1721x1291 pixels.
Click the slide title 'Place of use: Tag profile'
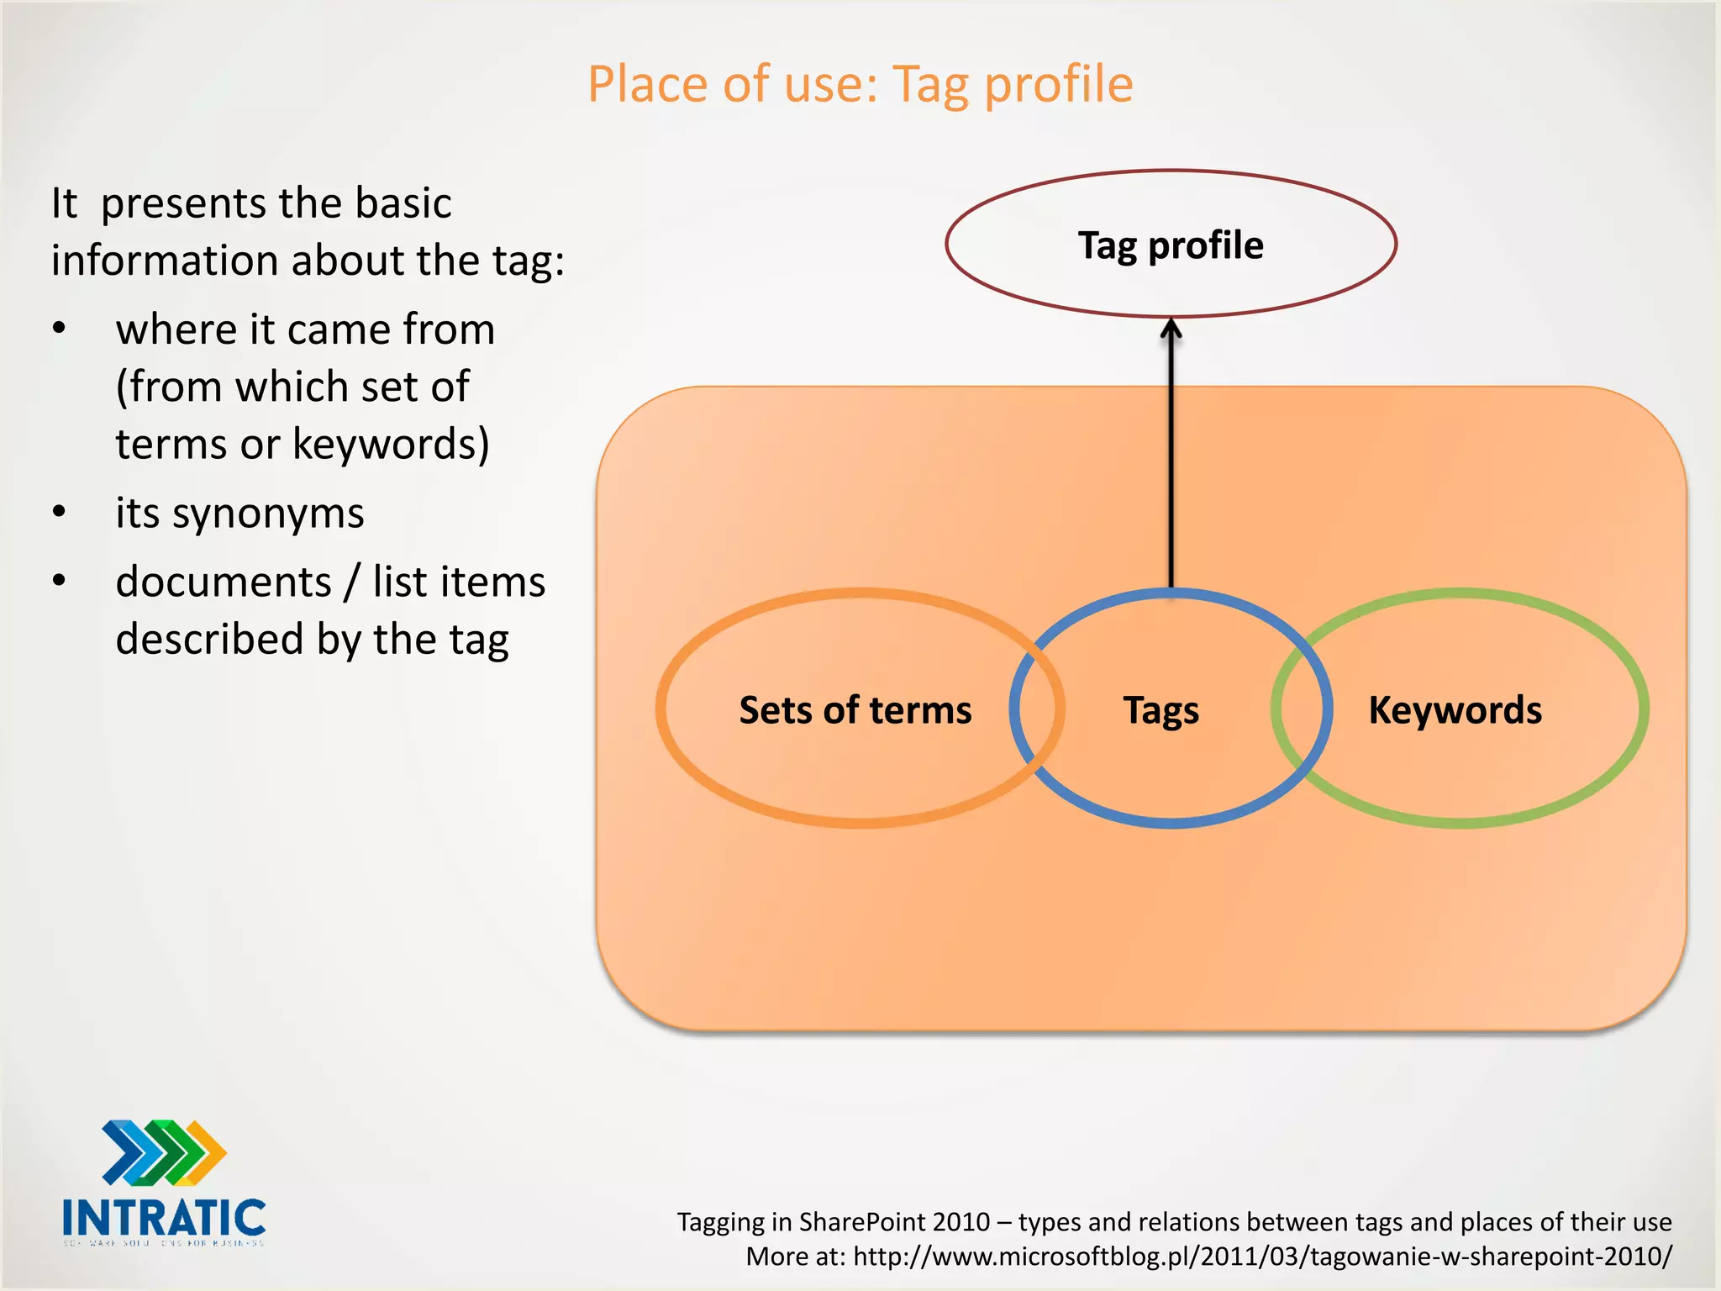pyautogui.click(x=860, y=85)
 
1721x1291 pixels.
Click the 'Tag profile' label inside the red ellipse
pyautogui.click(x=1171, y=245)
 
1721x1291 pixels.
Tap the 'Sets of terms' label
pyautogui.click(x=855, y=710)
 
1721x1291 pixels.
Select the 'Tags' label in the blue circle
pyautogui.click(x=1161, y=711)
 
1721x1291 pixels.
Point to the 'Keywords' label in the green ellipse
pyautogui.click(x=1455, y=710)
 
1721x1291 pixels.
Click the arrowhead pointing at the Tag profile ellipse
pyautogui.click(x=1171, y=329)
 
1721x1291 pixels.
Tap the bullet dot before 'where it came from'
pyautogui.click(x=59, y=329)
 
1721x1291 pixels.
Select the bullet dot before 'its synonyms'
pyautogui.click(x=59, y=512)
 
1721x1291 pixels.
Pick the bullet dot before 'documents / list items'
pyautogui.click(x=59, y=581)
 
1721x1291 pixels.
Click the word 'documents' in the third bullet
pyautogui.click(x=224, y=582)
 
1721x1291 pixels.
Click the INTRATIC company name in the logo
pyautogui.click(x=164, y=1218)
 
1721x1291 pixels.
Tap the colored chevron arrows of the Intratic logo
pyautogui.click(x=164, y=1151)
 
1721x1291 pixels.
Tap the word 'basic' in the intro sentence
pyautogui.click(x=403, y=203)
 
